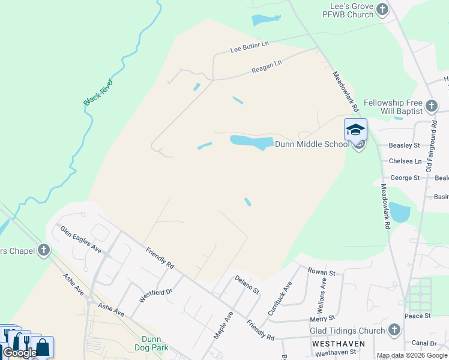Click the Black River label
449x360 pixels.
pos(98,92)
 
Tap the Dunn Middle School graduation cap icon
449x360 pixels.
pos(355,129)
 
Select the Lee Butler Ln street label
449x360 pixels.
pos(250,47)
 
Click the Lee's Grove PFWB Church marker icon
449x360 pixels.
pos(382,9)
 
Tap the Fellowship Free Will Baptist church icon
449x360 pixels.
pos(431,107)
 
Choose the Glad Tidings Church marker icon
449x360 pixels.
pos(394,329)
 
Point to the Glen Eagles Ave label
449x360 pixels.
pos(79,239)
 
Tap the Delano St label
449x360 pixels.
pos(247,284)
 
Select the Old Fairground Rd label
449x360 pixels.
pos(430,146)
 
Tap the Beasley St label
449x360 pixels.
pos(404,145)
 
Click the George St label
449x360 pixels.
pos(405,178)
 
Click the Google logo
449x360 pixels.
pos(20,353)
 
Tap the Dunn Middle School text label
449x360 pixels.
pos(312,144)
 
